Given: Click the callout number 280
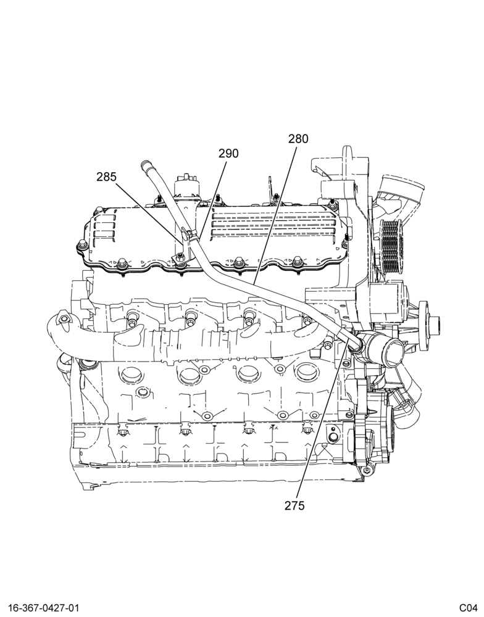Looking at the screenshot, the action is click(x=298, y=139).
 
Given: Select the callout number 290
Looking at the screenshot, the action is click(x=228, y=154).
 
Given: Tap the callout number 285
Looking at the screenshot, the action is click(x=106, y=177).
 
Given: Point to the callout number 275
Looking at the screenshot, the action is click(x=294, y=506).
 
